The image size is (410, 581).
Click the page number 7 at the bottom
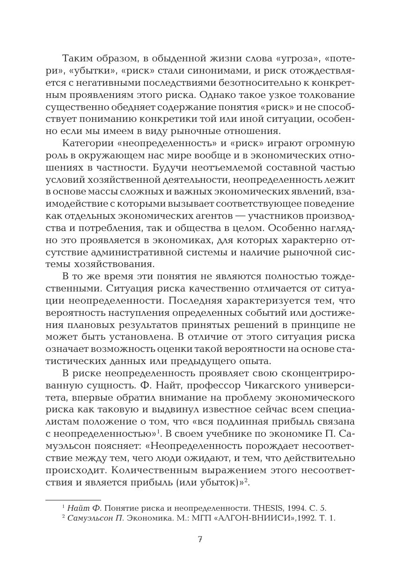pos(200,539)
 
